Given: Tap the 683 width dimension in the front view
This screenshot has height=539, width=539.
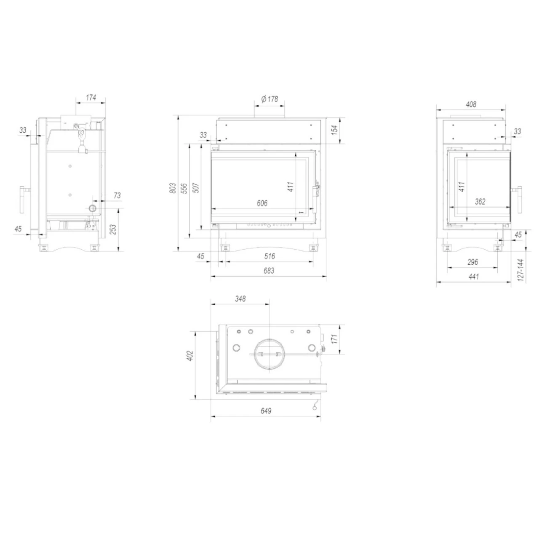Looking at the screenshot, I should [268, 271].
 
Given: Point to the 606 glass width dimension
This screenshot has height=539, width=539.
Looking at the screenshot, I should [262, 203].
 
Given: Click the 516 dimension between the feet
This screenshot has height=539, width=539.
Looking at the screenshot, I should [269, 256].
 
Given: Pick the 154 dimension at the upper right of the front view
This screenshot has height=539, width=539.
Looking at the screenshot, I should [335, 130].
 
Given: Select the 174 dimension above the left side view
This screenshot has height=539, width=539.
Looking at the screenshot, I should [91, 98].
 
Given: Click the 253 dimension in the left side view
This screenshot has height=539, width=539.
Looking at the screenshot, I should [113, 229].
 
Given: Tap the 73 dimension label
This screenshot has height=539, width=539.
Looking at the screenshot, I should [117, 195].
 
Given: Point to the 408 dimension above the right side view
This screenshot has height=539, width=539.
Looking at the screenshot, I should [471, 104].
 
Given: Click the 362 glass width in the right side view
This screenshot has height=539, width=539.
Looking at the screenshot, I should [480, 202].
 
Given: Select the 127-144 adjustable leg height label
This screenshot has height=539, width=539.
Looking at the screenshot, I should [521, 270].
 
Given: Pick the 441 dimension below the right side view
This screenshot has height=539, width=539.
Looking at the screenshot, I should [473, 277].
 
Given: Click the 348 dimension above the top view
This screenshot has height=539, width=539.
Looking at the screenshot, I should [240, 299].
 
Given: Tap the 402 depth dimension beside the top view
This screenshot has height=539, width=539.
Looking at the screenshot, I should [189, 356].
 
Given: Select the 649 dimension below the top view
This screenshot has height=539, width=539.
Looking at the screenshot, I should [266, 411].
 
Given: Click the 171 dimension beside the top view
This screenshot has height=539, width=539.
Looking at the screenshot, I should [335, 339].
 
